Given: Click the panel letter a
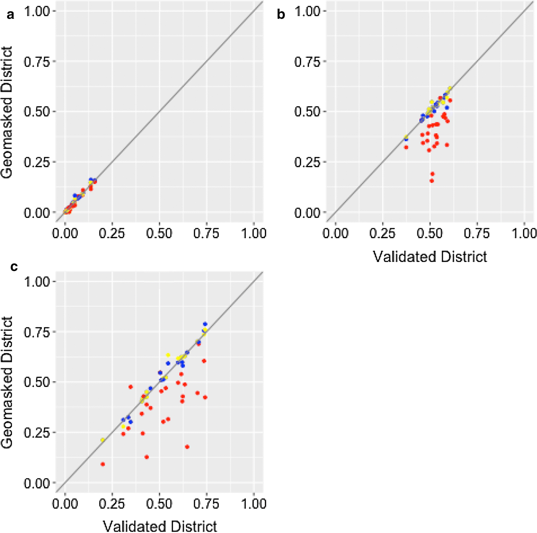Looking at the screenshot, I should [x=10, y=15].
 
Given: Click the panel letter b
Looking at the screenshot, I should [x=281, y=15].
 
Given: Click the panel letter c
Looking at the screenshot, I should [x=13, y=267].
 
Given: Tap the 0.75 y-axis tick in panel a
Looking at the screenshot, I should [x=37, y=62].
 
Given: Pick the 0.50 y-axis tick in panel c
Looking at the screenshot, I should [x=37, y=382].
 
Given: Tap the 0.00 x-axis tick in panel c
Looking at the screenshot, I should [x=65, y=504].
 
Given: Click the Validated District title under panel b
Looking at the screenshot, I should [x=430, y=257].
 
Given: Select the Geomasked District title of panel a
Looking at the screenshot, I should [x=7, y=112].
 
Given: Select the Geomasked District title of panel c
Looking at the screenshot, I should [x=7, y=382].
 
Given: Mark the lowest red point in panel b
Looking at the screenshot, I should [x=432, y=181].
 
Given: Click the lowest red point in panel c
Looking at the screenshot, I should [x=103, y=464].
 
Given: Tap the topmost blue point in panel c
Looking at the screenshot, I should [x=205, y=324].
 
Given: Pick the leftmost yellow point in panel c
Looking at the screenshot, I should [x=102, y=440].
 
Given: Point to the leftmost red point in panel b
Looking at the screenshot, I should [x=406, y=147].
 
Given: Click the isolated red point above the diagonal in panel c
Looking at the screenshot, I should [x=131, y=387].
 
